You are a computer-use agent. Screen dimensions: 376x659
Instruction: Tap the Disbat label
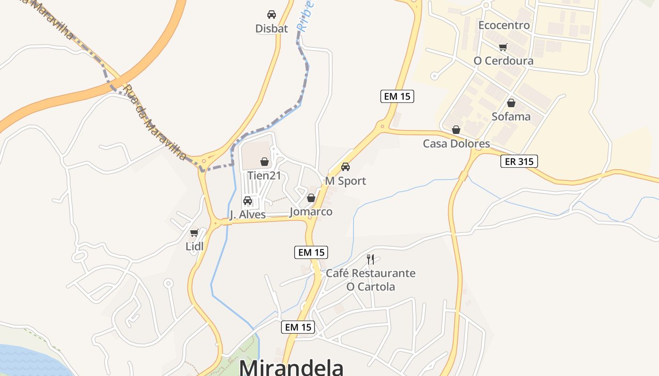click(x=272, y=29)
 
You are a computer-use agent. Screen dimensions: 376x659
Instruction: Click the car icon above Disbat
click(x=272, y=15)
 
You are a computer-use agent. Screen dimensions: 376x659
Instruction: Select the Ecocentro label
click(x=504, y=25)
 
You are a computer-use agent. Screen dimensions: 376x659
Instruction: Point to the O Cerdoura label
click(x=504, y=61)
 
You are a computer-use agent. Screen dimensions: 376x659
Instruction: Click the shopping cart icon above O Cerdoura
click(x=503, y=47)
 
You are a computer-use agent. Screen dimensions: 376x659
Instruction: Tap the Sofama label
click(x=511, y=117)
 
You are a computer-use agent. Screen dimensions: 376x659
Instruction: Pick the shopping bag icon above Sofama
click(x=511, y=103)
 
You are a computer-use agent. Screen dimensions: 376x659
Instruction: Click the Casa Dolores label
click(x=456, y=143)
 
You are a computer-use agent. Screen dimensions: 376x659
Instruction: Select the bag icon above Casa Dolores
click(x=456, y=130)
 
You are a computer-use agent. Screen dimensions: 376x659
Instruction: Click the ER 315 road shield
click(x=519, y=162)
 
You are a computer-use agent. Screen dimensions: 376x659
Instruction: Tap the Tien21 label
click(x=264, y=176)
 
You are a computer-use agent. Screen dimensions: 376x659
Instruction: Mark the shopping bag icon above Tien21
click(x=265, y=162)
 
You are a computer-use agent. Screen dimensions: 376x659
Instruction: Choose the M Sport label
click(x=346, y=181)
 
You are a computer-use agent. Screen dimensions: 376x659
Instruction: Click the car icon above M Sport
click(x=346, y=167)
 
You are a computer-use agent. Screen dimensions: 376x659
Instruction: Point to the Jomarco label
click(x=311, y=211)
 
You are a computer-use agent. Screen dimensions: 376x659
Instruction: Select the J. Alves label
click(x=248, y=215)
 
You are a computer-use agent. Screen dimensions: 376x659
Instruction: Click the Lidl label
click(x=194, y=246)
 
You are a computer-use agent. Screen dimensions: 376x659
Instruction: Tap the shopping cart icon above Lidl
click(x=194, y=233)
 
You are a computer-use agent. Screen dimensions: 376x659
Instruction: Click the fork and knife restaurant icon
click(x=370, y=259)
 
